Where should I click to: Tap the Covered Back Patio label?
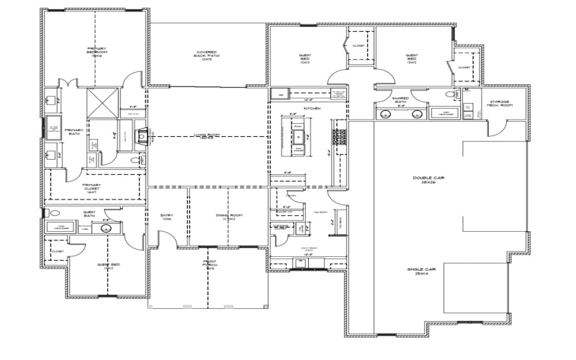(207, 55)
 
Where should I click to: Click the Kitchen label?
(311, 108)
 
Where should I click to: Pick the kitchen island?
(298, 137)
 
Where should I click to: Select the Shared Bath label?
(401, 100)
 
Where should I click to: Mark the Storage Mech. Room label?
(500, 104)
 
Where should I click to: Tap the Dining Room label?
(228, 217)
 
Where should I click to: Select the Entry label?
(166, 217)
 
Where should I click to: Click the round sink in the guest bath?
(106, 228)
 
